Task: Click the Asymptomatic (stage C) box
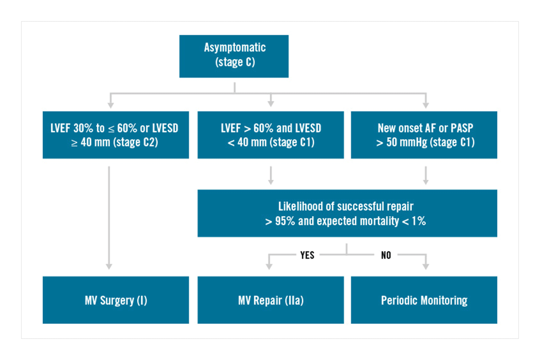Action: click(x=234, y=56)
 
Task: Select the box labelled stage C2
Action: click(x=116, y=135)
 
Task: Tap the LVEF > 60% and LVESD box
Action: click(x=271, y=135)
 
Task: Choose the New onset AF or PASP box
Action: click(x=424, y=135)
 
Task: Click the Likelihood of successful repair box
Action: click(x=347, y=213)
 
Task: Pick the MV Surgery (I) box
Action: click(x=116, y=300)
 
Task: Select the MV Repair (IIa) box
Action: click(x=271, y=300)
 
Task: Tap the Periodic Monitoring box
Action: click(x=424, y=300)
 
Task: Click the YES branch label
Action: click(x=308, y=255)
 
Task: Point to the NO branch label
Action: click(x=386, y=255)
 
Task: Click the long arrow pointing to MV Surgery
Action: click(x=109, y=218)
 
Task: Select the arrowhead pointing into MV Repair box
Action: click(x=269, y=266)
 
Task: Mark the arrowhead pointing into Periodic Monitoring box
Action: click(x=426, y=266)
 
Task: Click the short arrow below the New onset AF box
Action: click(x=426, y=175)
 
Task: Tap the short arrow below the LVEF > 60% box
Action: click(x=271, y=175)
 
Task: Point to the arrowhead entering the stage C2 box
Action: click(x=111, y=105)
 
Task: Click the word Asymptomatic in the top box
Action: click(x=235, y=48)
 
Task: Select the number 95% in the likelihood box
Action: click(x=285, y=221)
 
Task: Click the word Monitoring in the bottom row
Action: click(x=444, y=300)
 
